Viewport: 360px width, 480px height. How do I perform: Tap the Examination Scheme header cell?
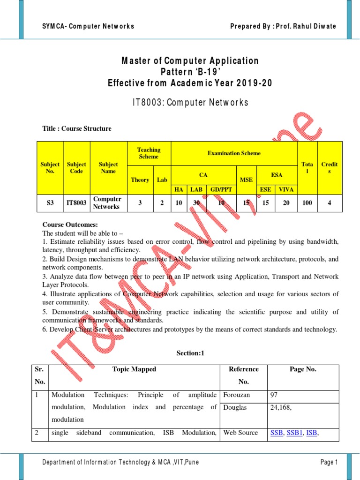point(234,153)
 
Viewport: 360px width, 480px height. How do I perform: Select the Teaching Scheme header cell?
point(149,153)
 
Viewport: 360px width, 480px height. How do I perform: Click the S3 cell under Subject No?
point(50,202)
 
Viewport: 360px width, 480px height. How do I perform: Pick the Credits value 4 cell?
point(330,202)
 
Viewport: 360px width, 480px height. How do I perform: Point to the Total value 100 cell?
point(307,202)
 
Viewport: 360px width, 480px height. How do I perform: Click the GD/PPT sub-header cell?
point(221,189)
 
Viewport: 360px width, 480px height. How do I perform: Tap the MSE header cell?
point(246,180)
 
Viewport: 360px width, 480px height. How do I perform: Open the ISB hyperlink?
point(312,433)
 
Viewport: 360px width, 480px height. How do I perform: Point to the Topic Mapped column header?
point(135,369)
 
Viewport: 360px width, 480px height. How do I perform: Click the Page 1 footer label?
point(329,463)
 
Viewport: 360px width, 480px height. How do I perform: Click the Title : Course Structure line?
point(77,128)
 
